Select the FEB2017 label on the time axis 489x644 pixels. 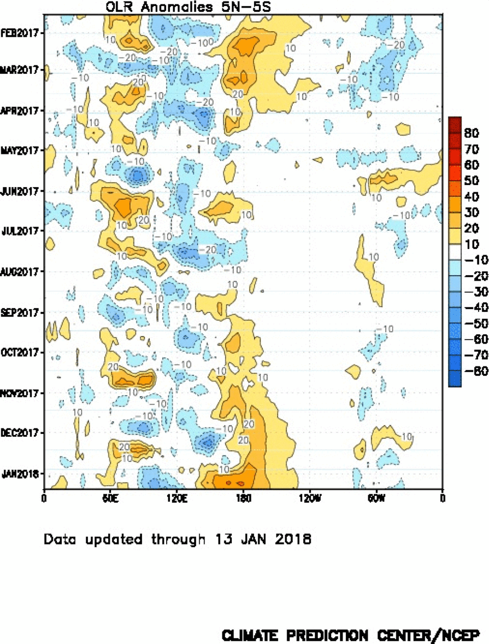[22, 32]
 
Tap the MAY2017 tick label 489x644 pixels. [22, 150]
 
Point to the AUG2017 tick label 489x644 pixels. [22, 271]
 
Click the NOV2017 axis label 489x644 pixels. [22, 393]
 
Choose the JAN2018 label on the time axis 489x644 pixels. [22, 473]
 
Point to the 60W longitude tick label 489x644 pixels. [376, 498]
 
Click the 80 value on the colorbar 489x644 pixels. [472, 133]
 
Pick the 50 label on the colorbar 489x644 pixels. [472, 181]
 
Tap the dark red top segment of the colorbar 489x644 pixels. [455, 124]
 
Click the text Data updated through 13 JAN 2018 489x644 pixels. [178, 539]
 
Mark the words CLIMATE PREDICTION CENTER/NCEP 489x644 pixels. [351, 635]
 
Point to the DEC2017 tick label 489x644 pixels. [22, 433]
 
